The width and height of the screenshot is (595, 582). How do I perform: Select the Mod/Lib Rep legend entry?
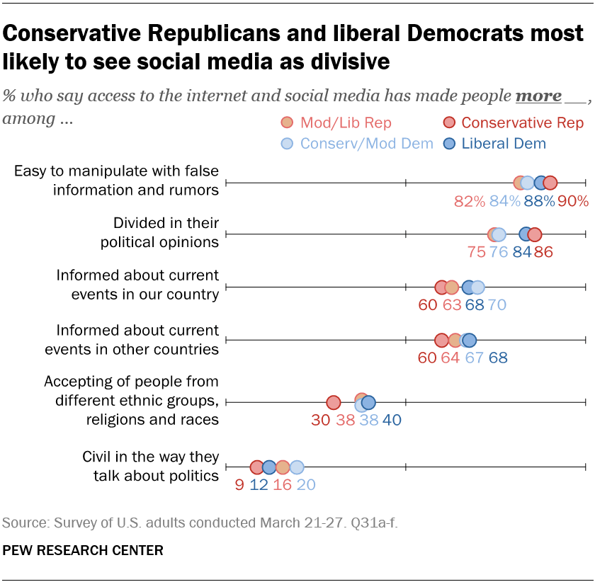pyautogui.click(x=336, y=122)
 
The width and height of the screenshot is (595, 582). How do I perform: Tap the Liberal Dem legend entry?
pyautogui.click(x=496, y=144)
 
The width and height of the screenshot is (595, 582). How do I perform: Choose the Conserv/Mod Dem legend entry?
pyautogui.click(x=358, y=144)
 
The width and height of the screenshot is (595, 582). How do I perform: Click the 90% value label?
pyautogui.click(x=573, y=201)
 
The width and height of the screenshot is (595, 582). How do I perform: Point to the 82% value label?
pyautogui.click(x=470, y=201)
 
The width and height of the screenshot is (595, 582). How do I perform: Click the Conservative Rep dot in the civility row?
pyautogui.click(x=256, y=467)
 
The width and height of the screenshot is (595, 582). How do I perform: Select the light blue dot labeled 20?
pyautogui.click(x=297, y=467)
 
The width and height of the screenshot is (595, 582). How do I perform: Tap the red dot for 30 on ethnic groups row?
pyautogui.click(x=333, y=403)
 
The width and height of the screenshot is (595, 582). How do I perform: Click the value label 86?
pyautogui.click(x=544, y=253)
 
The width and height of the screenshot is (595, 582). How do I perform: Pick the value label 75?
pyautogui.click(x=477, y=253)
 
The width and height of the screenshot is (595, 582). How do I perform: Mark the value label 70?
pyautogui.click(x=497, y=305)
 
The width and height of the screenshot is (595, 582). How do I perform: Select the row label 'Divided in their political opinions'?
pyautogui.click(x=159, y=233)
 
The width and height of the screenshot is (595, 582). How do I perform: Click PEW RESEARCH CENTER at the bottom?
pyautogui.click(x=83, y=550)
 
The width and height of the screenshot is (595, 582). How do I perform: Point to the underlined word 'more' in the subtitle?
pyautogui.click(x=538, y=96)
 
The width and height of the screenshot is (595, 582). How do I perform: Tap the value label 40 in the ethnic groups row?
pyautogui.click(x=392, y=420)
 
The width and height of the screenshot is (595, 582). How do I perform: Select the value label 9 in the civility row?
pyautogui.click(x=239, y=485)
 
